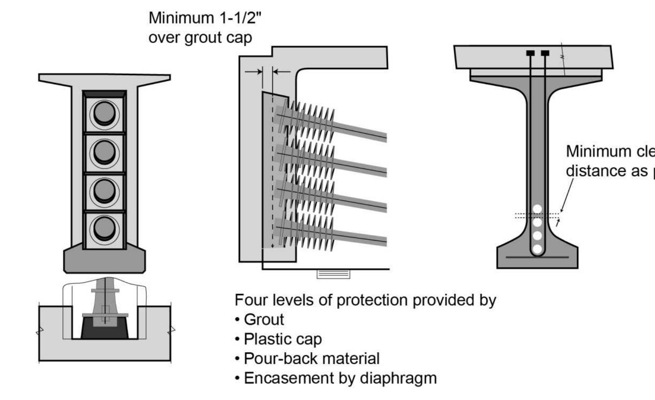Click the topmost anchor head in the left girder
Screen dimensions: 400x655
point(104,113)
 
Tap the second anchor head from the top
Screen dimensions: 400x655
point(104,152)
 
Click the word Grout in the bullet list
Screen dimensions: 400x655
point(264,320)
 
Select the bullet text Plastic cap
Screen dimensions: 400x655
point(283,339)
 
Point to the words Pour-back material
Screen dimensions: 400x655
point(312,359)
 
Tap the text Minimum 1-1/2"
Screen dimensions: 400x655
point(205,18)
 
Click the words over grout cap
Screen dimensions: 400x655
point(200,38)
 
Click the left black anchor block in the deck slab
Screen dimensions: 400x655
point(530,53)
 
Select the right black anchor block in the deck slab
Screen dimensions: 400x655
point(545,53)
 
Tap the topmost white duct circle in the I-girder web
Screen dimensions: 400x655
point(537,209)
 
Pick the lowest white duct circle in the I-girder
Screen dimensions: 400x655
point(537,249)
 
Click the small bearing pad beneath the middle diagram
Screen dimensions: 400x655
point(333,274)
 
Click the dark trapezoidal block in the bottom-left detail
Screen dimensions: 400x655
point(104,329)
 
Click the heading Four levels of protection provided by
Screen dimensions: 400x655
point(365,300)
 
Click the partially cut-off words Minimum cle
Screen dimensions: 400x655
point(610,151)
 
